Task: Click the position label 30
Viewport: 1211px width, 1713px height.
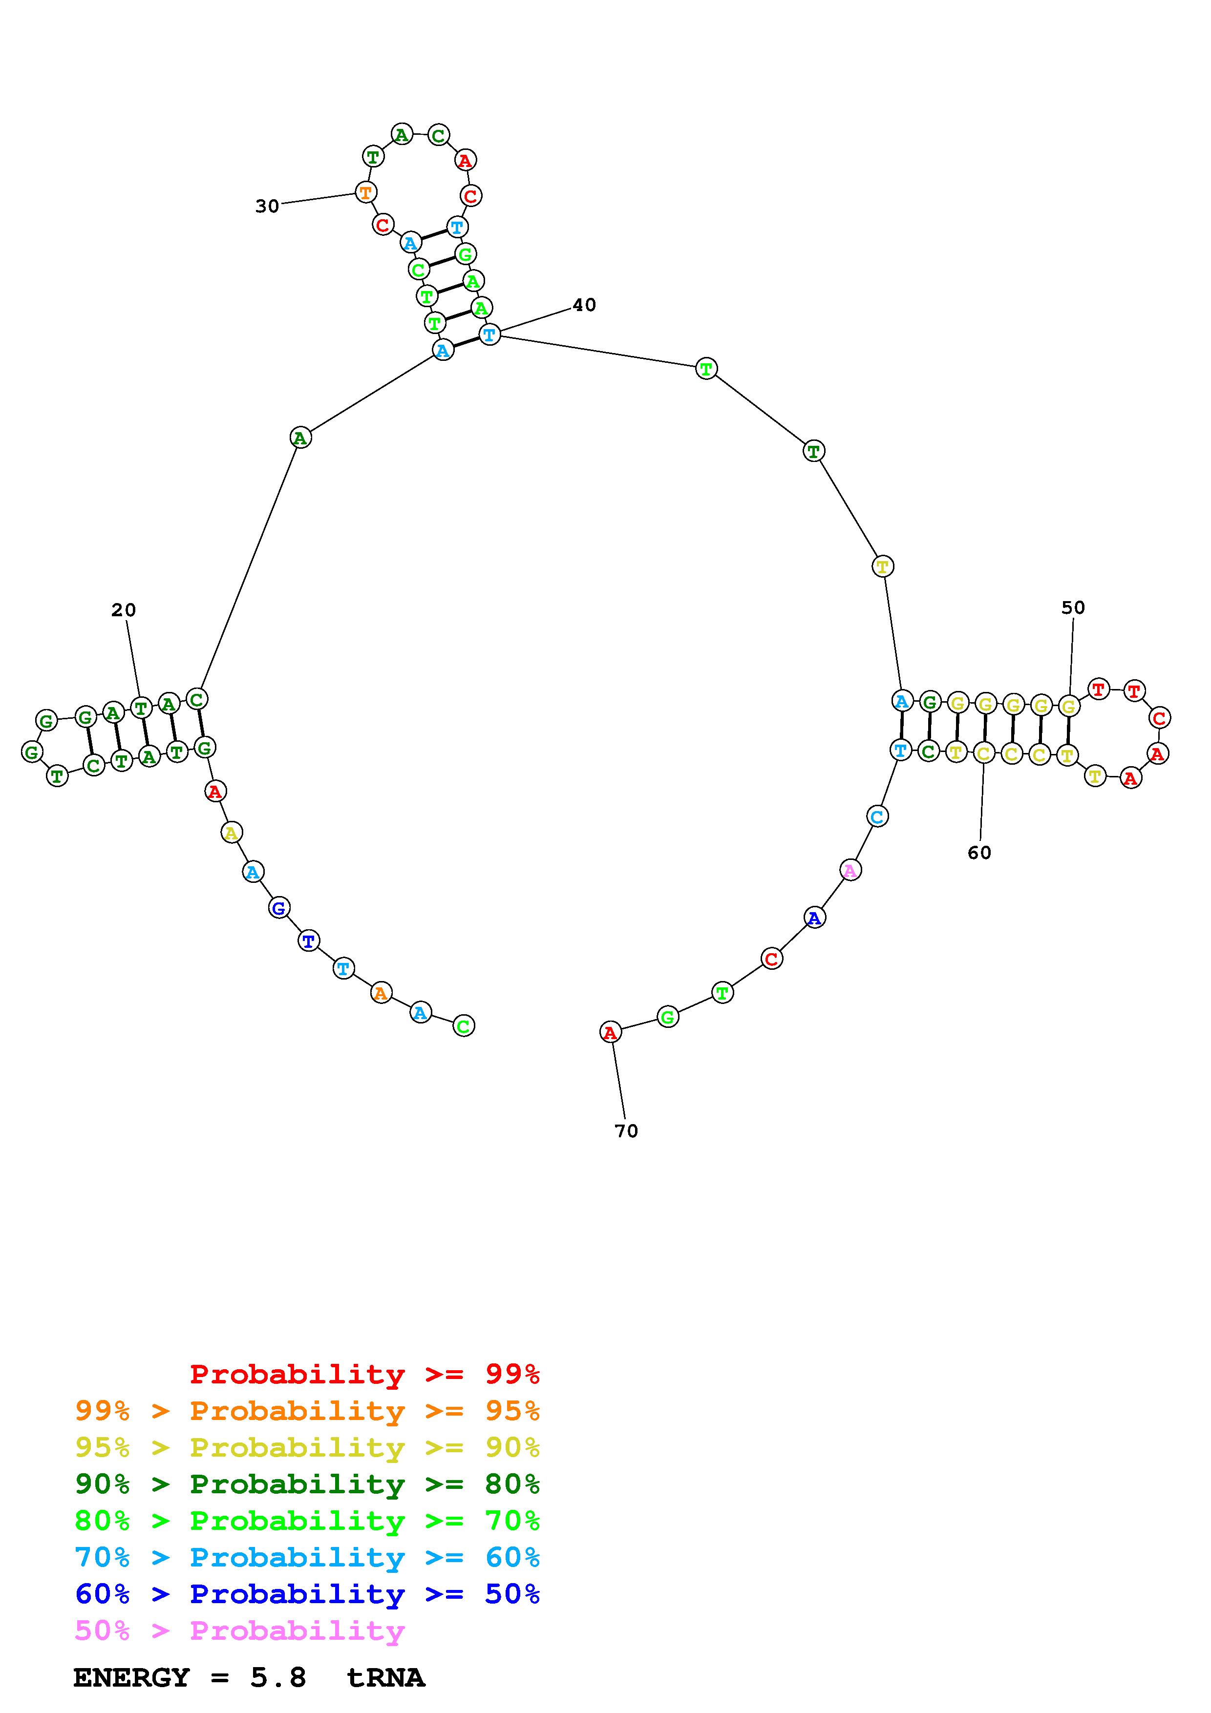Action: tap(267, 206)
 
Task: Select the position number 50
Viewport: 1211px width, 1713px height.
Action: tap(1073, 607)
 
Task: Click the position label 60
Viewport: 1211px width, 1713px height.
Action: tap(980, 852)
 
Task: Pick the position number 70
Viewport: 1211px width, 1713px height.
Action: tap(627, 1131)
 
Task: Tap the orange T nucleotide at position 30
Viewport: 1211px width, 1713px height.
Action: tap(365, 192)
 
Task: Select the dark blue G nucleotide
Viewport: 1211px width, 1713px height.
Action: tap(279, 908)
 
